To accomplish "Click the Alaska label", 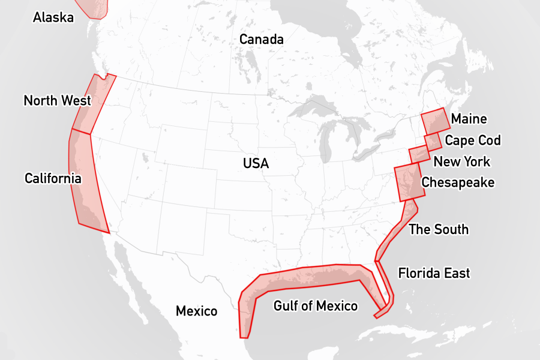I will pos(53,17).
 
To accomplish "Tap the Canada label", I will pos(261,40).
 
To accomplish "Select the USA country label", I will pos(256,163).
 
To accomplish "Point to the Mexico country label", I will pos(196,311).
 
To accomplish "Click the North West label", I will pos(57,100).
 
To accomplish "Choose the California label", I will pos(53,178).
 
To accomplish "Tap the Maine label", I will pos(469,119).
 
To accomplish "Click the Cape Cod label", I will pos(472,140).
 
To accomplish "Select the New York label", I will pos(461,161).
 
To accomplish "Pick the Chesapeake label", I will pos(458,182).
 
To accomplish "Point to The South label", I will pos(439,229).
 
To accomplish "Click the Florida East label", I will pos(434,273).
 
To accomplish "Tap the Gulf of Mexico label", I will pos(316,306).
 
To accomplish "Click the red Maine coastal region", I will pos(435,121).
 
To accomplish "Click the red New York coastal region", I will pos(419,154).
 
